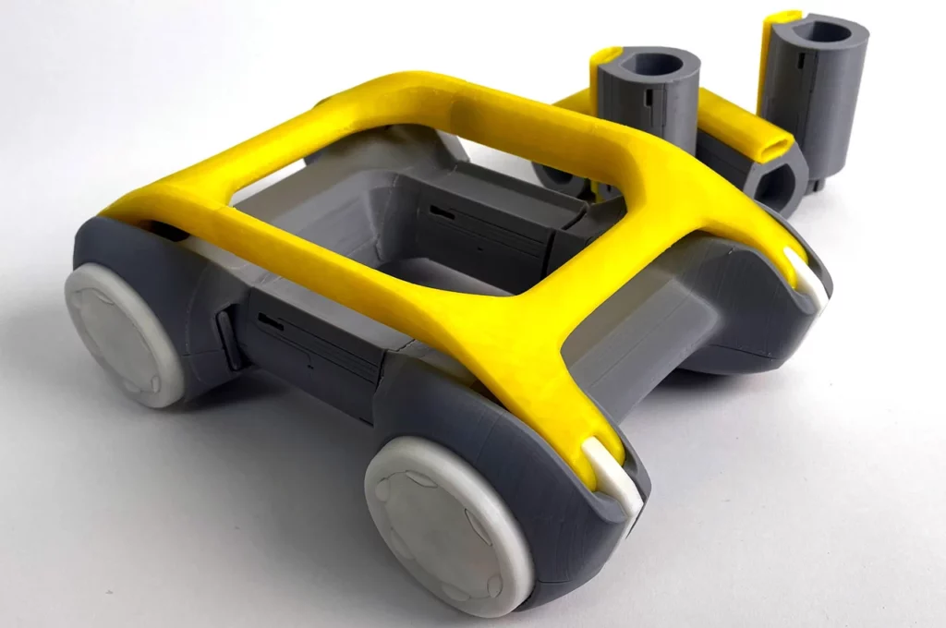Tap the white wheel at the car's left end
click(x=125, y=333)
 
